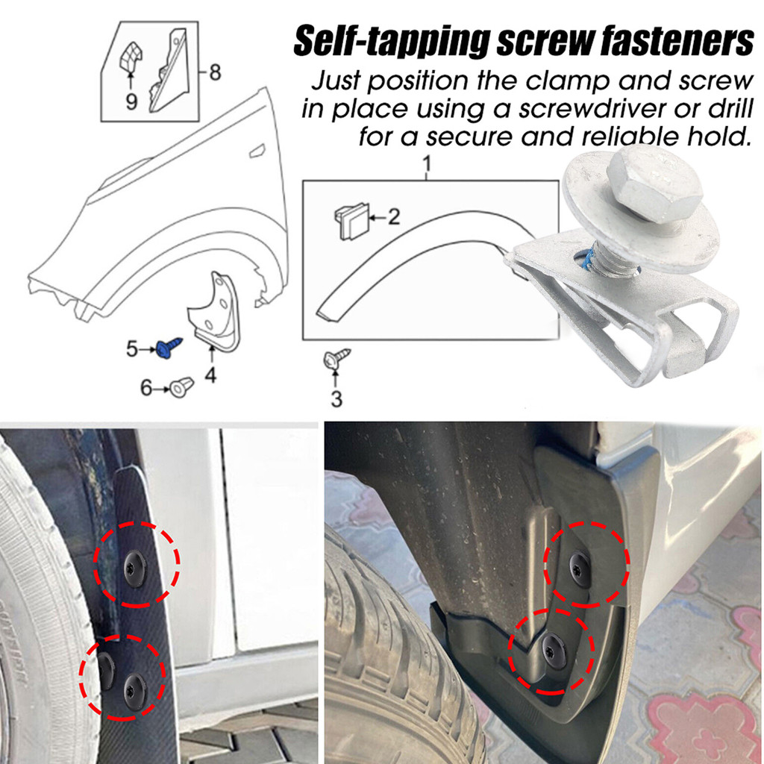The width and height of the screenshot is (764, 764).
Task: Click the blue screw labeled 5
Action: [169, 348]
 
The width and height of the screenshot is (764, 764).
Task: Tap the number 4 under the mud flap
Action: [210, 375]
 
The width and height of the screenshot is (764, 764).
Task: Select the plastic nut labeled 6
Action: [182, 387]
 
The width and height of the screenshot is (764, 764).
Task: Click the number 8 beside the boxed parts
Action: [215, 72]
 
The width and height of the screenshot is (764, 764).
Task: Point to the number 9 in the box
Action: [131, 101]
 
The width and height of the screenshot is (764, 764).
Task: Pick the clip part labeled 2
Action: [351, 222]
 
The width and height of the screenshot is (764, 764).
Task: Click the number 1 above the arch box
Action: [427, 164]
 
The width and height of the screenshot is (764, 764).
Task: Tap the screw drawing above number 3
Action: [336, 359]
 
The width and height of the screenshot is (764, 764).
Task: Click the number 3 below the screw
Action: [336, 398]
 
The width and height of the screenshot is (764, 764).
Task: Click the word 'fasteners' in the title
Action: [677, 41]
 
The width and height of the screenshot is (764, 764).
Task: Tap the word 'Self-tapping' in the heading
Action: [392, 43]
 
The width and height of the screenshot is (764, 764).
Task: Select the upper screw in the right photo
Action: [580, 569]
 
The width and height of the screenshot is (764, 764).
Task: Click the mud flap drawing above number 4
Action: [214, 313]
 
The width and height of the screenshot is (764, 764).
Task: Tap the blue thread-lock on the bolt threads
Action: [589, 262]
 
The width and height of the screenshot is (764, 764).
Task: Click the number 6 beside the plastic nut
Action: [146, 388]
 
